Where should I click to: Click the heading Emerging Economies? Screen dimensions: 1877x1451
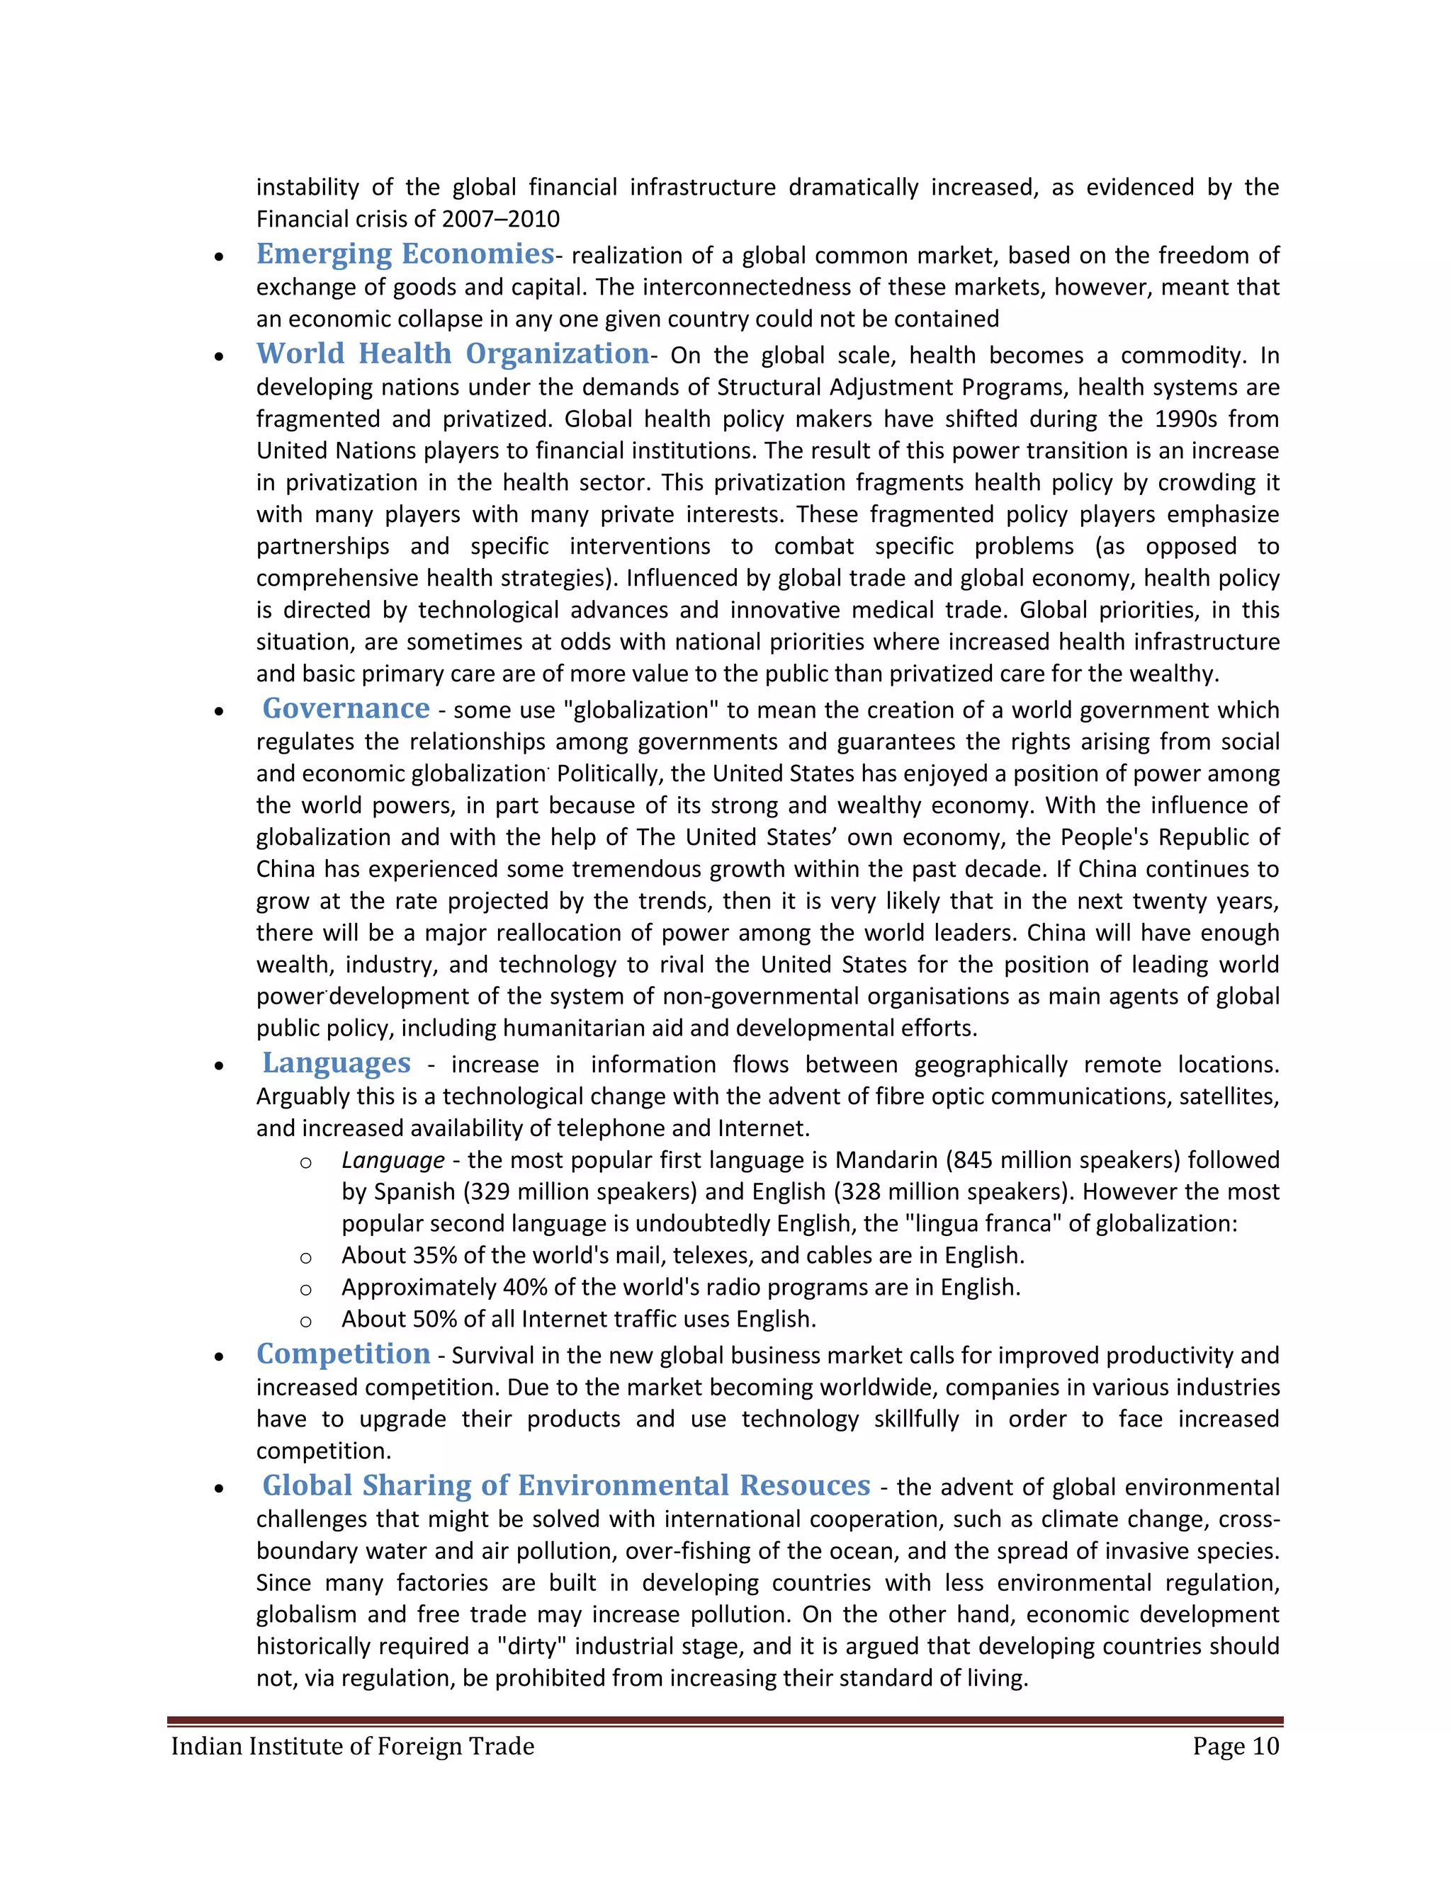click(405, 254)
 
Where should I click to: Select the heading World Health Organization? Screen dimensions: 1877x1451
click(452, 353)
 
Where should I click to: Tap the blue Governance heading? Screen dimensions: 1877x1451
click(346, 708)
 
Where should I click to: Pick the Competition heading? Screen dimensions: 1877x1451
click(343, 1354)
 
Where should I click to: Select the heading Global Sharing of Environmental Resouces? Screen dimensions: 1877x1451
click(565, 1485)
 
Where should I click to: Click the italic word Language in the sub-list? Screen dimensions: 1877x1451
click(393, 1160)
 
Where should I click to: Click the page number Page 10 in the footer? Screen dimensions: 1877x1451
click(1235, 1747)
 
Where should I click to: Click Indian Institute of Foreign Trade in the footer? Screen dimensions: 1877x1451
click(352, 1747)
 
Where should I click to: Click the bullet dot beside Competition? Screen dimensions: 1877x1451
click(220, 1358)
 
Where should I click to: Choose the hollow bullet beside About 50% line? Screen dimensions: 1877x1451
click(305, 1321)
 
